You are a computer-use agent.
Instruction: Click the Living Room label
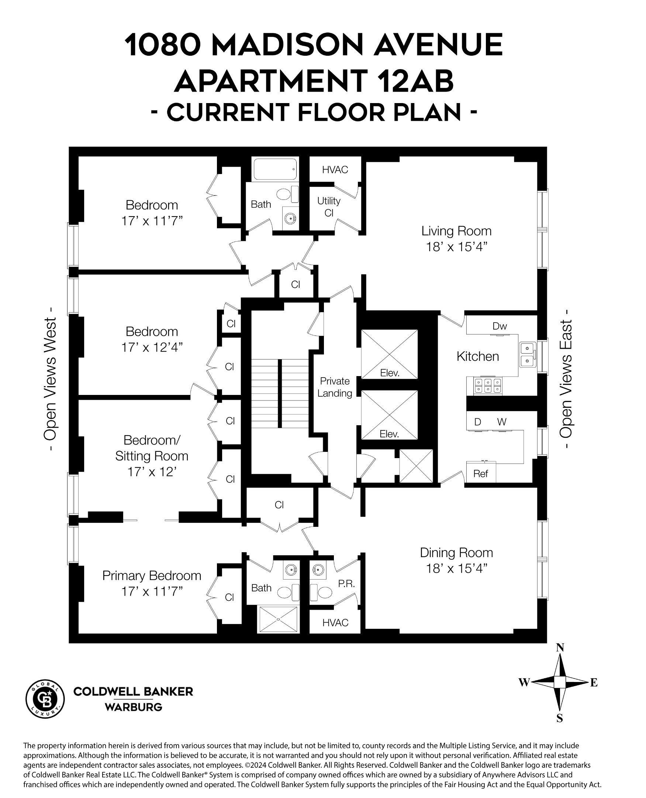point(456,231)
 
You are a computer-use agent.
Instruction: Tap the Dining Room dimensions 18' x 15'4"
point(456,569)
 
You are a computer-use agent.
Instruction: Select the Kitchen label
point(477,357)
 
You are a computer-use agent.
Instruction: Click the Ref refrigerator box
point(481,474)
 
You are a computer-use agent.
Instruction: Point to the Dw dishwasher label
point(500,326)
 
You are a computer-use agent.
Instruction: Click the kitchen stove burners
point(487,386)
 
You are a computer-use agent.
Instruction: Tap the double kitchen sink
point(527,355)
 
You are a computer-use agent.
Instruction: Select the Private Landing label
point(335,387)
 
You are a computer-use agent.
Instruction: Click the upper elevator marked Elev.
point(389,354)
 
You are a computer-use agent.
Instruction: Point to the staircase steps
point(280,393)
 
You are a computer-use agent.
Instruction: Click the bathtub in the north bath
point(275,170)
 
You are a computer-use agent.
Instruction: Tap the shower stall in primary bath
point(279,619)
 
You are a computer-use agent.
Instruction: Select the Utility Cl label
point(329,207)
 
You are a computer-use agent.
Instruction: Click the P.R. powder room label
point(346,584)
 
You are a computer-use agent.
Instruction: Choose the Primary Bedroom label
point(152,576)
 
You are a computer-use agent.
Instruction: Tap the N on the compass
point(560,648)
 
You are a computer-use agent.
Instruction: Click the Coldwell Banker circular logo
point(45,699)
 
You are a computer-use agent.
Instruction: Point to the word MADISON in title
point(287,45)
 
